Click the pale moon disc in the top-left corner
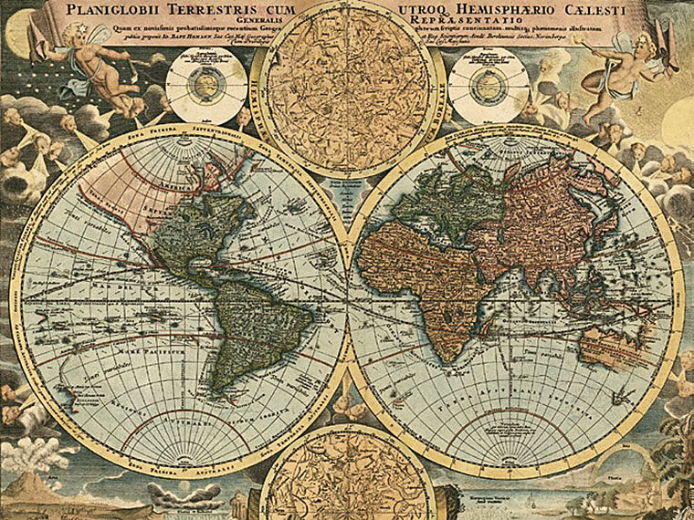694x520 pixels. [18, 32]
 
